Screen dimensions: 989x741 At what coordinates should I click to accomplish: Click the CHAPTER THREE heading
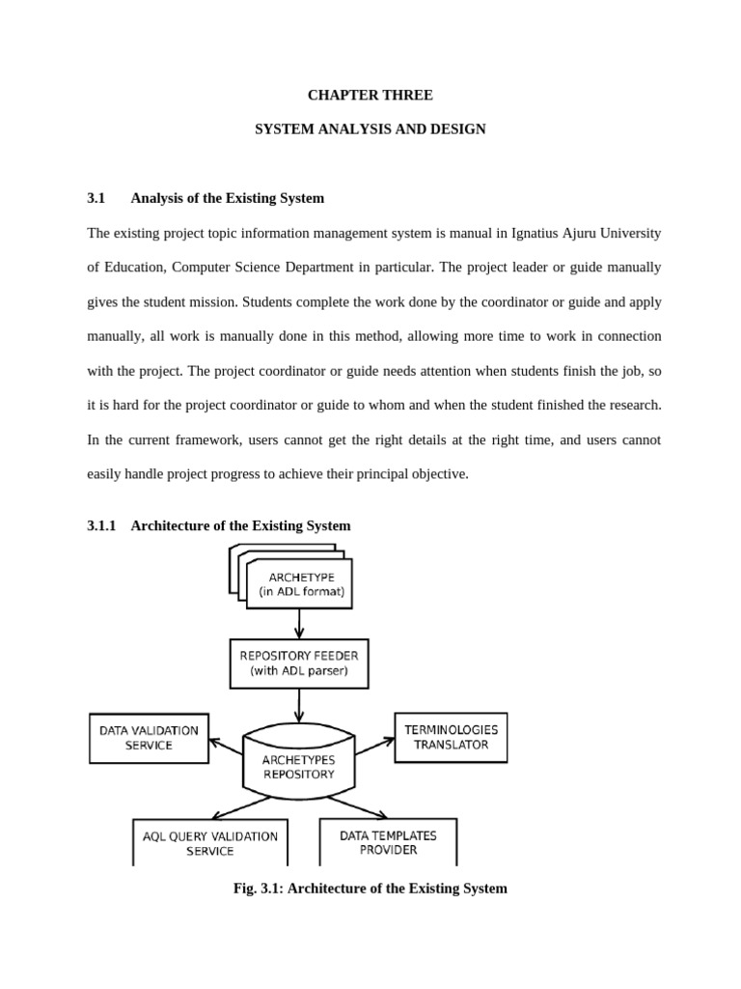click(370, 95)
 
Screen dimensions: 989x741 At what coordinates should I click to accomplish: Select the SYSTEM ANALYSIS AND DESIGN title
click(370, 128)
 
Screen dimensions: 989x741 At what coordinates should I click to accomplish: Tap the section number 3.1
click(96, 198)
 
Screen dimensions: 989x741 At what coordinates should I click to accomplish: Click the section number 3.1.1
click(101, 525)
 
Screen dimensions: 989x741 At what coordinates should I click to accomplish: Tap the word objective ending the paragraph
click(438, 473)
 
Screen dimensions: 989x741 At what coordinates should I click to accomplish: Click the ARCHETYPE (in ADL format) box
click(300, 584)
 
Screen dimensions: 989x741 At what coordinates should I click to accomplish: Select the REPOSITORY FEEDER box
click(298, 663)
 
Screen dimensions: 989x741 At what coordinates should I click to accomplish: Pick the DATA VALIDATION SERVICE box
click(149, 738)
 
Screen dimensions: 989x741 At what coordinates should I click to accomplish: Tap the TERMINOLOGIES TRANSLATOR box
click(451, 737)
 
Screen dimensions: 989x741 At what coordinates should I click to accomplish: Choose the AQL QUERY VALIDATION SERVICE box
click(209, 842)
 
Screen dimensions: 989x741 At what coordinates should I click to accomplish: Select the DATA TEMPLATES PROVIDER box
click(388, 841)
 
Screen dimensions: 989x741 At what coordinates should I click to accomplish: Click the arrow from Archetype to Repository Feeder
click(299, 623)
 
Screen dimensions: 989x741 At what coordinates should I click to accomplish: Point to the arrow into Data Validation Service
click(226, 747)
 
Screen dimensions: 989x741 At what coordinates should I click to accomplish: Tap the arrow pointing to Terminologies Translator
click(374, 747)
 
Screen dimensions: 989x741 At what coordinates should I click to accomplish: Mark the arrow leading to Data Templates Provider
click(357, 807)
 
